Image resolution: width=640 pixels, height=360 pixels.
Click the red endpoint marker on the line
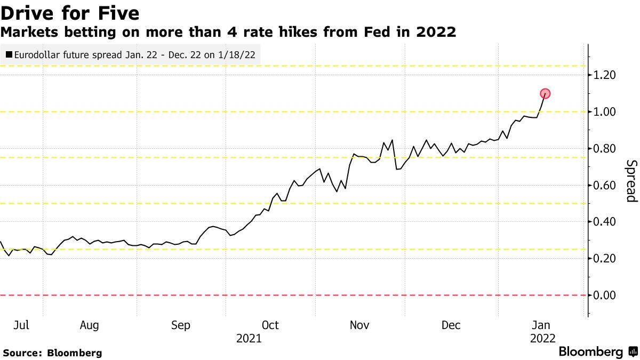pos(545,94)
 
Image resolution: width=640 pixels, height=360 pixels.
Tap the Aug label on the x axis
pos(89,325)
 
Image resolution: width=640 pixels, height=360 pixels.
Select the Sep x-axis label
pos(180,325)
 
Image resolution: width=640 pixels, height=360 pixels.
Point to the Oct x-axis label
pos(270,325)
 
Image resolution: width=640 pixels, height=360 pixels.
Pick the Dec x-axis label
pos(451,325)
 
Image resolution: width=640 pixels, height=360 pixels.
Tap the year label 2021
pos(249,338)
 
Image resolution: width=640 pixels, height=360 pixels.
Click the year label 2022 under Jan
pos(542,338)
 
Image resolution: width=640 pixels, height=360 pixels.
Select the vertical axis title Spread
pos(631,181)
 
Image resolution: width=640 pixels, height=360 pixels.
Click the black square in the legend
pos(9,54)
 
